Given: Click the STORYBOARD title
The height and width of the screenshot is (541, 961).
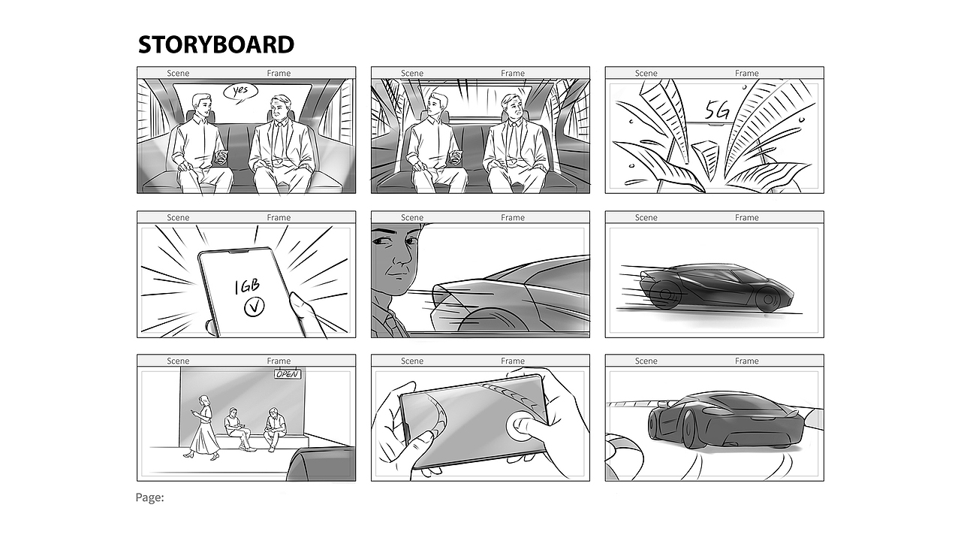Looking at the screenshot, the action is (x=216, y=44).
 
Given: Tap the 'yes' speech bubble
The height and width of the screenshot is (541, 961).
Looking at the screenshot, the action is (x=241, y=92).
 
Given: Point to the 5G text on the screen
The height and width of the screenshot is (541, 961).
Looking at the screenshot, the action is (x=717, y=110).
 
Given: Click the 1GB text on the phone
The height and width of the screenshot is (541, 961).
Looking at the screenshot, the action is (x=247, y=286).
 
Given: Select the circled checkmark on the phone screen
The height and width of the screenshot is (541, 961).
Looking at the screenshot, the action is (x=255, y=307).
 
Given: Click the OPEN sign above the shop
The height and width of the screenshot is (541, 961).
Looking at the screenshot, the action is (x=288, y=374).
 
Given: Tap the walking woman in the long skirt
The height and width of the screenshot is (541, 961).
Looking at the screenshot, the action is (x=203, y=428).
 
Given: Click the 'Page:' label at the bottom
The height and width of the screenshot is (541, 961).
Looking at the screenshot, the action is (x=149, y=497).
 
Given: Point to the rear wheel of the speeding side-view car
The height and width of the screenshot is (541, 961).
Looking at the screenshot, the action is (x=663, y=294).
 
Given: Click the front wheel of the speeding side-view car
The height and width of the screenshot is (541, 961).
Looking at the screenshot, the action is (x=768, y=299).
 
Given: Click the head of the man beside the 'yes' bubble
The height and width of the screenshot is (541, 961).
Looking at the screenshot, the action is (x=200, y=105).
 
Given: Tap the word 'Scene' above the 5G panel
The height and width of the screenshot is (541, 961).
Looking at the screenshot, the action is (x=646, y=74).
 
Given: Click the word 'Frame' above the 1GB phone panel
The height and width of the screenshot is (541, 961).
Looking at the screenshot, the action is (x=279, y=218).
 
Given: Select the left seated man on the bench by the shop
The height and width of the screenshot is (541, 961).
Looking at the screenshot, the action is (x=236, y=428).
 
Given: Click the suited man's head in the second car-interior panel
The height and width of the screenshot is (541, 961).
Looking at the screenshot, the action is (x=512, y=107).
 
